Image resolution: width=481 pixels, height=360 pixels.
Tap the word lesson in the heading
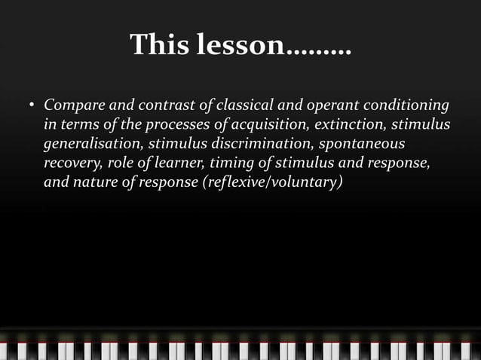pos(240,45)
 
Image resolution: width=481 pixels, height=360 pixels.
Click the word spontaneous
pos(363,143)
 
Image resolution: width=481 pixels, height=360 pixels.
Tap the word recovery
pos(69,163)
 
